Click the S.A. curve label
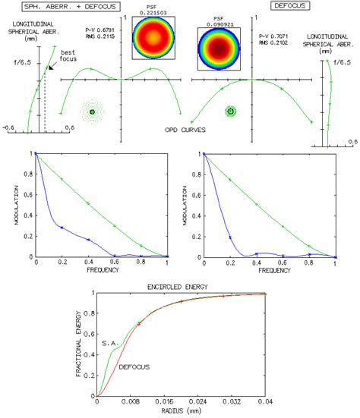coord(109,343)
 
